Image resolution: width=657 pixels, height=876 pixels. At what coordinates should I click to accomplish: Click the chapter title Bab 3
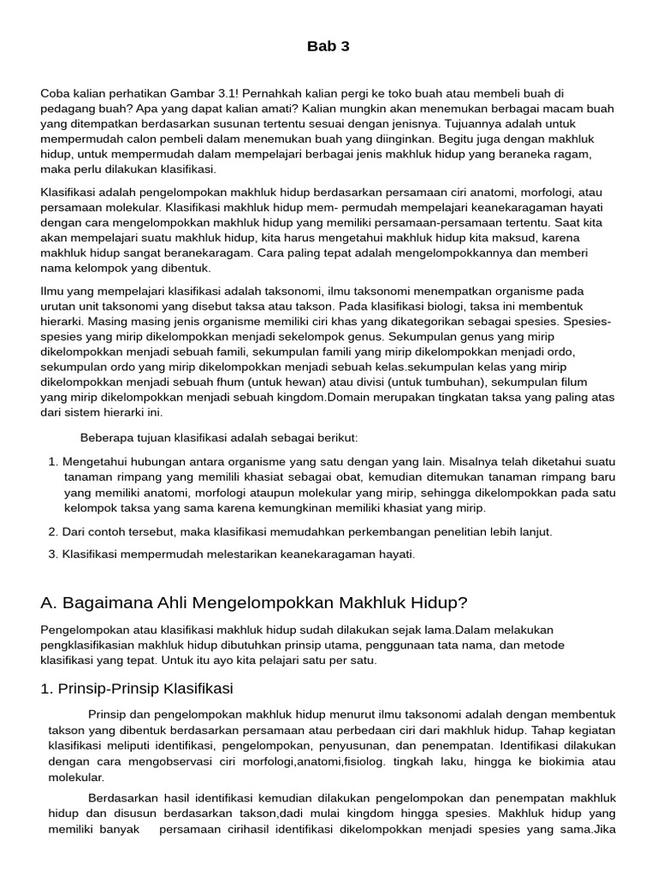pyautogui.click(x=328, y=46)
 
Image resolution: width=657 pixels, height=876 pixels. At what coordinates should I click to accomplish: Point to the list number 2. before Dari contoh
pyautogui.click(x=53, y=531)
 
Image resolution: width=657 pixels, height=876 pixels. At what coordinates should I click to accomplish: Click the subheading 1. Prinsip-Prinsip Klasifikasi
pyautogui.click(x=137, y=689)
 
